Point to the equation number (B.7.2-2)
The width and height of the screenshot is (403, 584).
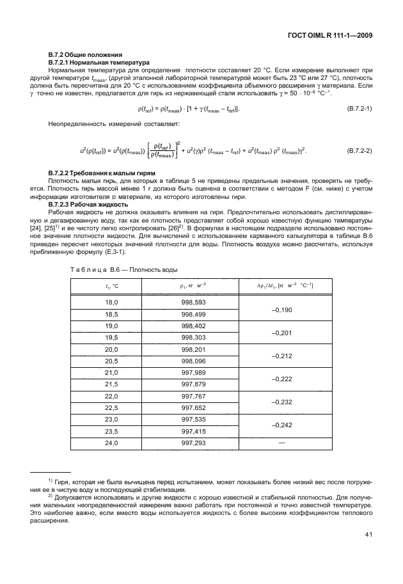[x=359, y=151]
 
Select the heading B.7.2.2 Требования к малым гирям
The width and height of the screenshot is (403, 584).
[x=102, y=174]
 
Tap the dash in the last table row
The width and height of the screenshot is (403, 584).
[x=282, y=442]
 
